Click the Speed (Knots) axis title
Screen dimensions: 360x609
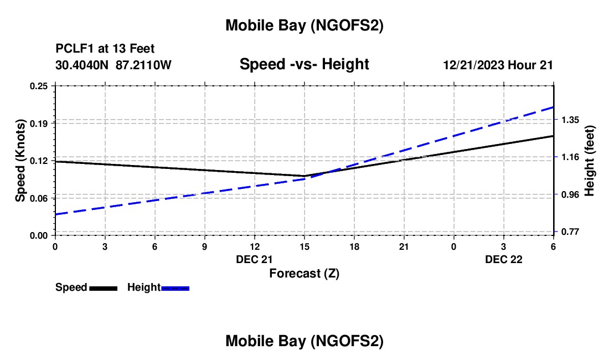click(20, 161)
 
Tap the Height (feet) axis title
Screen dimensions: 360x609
click(590, 161)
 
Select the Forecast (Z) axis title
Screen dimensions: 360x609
click(304, 273)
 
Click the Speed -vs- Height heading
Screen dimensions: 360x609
click(304, 64)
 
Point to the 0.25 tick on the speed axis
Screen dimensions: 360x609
click(39, 86)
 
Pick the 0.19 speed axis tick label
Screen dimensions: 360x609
click(39, 123)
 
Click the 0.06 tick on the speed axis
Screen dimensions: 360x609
click(39, 198)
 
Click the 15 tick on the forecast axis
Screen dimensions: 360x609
click(304, 246)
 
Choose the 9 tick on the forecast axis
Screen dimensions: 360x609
click(204, 246)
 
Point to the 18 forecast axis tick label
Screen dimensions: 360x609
click(354, 246)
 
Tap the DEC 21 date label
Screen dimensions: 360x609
click(254, 259)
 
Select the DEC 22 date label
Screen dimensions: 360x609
click(504, 259)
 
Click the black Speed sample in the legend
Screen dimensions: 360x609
click(103, 288)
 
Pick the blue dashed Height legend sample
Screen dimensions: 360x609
click(176, 288)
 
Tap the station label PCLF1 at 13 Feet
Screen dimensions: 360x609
click(105, 49)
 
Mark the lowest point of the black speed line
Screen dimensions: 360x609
click(304, 176)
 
